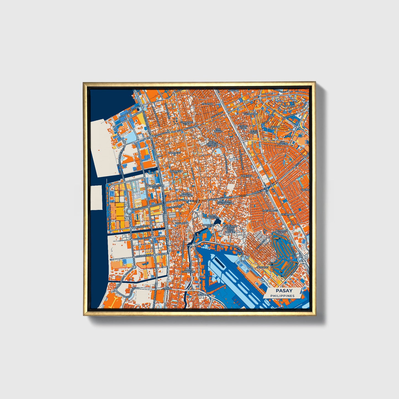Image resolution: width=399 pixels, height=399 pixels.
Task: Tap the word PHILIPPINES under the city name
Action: point(282,296)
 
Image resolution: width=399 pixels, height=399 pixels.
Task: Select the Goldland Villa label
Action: point(187,123)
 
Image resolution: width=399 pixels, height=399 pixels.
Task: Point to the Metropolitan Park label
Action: point(156,187)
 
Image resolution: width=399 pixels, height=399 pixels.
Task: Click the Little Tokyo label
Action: point(253,132)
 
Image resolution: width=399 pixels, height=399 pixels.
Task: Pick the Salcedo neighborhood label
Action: point(290,106)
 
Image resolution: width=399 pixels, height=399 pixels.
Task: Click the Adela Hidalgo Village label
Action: point(212,144)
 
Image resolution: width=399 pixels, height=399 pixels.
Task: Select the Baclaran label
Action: point(182,223)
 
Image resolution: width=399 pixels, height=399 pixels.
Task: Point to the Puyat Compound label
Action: point(188,271)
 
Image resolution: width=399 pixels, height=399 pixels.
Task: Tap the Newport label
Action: point(262,267)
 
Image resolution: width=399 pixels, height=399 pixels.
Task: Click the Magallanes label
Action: point(270,210)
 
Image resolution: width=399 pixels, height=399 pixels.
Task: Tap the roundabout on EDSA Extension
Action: point(129,211)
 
